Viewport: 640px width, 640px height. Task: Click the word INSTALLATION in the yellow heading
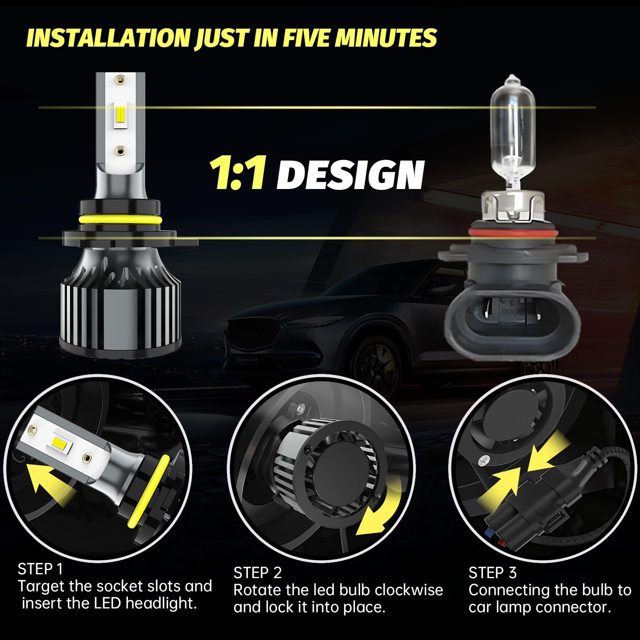tap(108, 38)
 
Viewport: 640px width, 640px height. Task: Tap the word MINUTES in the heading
tap(386, 38)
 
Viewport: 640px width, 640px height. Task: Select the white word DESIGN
tap(350, 175)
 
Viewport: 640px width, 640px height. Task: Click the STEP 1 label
tap(40, 569)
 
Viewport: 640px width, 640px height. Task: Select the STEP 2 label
tap(258, 573)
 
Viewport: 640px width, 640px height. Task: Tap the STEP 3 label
tap(492, 573)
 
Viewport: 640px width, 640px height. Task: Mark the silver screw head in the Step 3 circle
tap(484, 460)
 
